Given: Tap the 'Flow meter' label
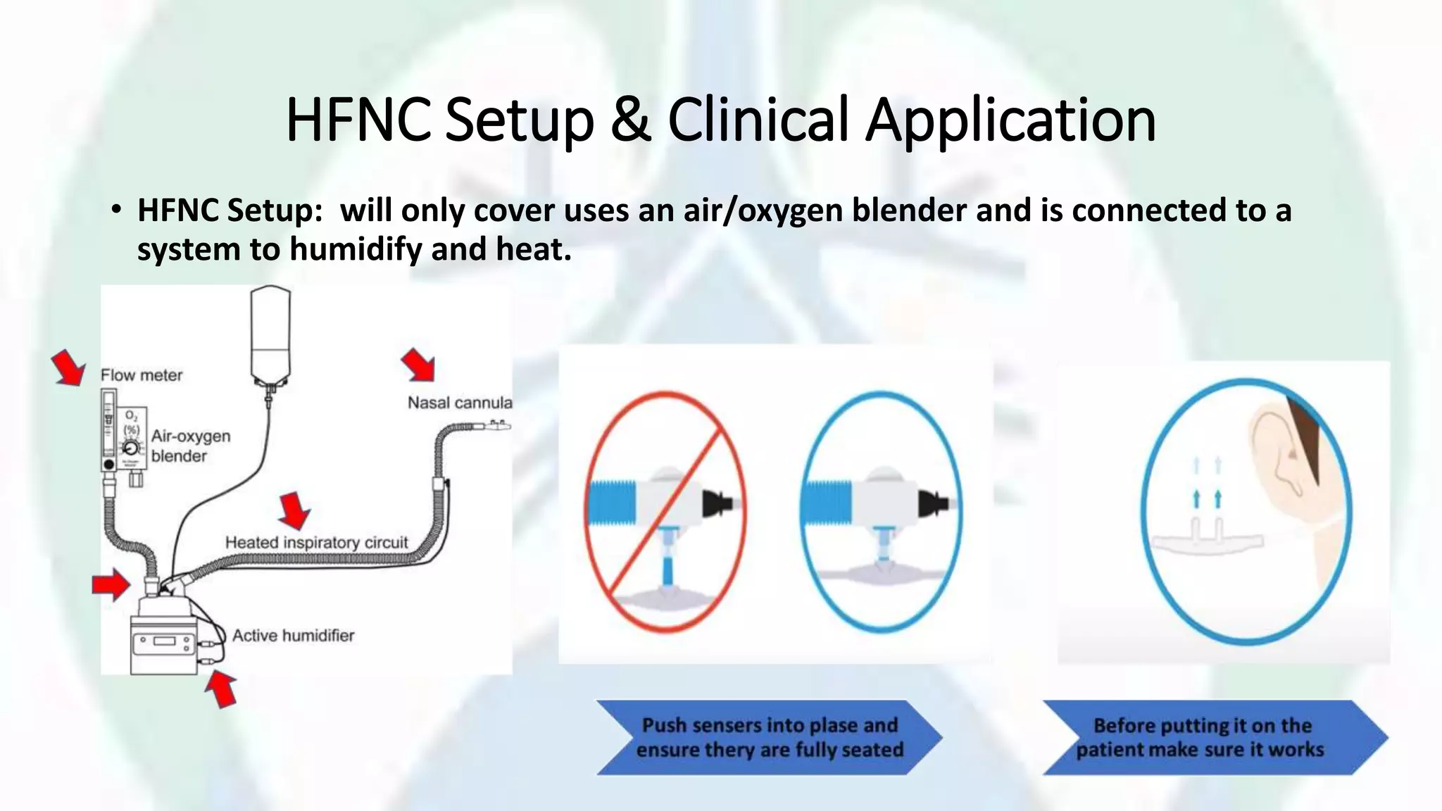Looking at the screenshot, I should (x=142, y=375).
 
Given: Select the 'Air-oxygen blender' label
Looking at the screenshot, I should (x=190, y=446).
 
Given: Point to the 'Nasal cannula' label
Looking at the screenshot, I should (x=460, y=403).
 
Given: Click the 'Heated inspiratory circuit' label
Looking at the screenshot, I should (x=316, y=543).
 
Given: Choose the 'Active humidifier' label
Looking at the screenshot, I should (x=293, y=636).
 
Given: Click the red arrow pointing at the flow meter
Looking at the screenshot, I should (x=69, y=368).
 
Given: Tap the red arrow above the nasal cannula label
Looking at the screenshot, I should (x=418, y=365).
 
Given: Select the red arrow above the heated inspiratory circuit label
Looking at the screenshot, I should (x=294, y=510).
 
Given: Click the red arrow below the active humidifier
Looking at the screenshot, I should (x=221, y=688).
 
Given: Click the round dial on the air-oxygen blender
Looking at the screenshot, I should (x=131, y=448).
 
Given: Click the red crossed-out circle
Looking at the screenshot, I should (x=665, y=512).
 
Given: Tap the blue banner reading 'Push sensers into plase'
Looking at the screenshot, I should (x=769, y=737).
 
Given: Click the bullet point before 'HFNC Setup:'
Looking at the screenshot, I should (x=116, y=210).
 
